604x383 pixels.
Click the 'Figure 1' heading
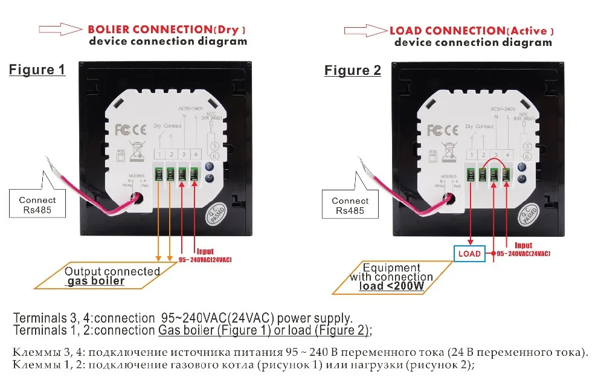click(37, 69)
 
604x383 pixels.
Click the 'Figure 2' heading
click(353, 70)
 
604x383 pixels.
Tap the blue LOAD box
click(469, 253)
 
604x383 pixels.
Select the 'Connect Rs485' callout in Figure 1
click(37, 205)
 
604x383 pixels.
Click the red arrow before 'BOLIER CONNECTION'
click(60, 29)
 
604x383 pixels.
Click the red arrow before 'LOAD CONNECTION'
click(365, 30)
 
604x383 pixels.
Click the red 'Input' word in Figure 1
click(205, 251)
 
